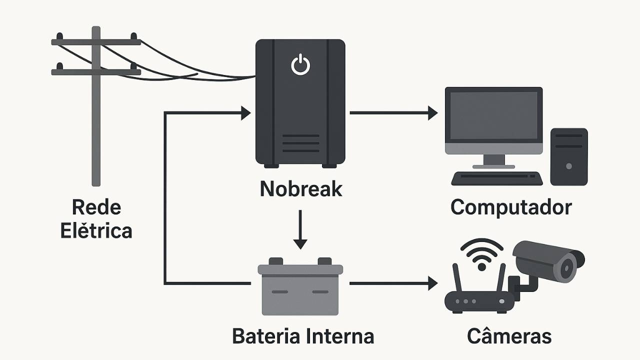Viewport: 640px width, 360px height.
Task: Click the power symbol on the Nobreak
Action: [x=300, y=65]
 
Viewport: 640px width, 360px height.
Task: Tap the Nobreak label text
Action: [x=301, y=189]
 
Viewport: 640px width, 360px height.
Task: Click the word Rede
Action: [x=96, y=207]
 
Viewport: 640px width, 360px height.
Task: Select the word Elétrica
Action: [x=96, y=231]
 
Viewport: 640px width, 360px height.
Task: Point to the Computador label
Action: [x=511, y=207]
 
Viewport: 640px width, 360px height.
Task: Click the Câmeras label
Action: [x=509, y=336]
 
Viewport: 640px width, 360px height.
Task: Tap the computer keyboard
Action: [x=496, y=178]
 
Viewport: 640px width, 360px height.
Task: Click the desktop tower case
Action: [x=568, y=156]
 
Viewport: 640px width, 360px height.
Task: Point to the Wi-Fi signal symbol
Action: [x=481, y=253]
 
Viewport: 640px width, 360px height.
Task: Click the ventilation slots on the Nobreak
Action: [x=300, y=143]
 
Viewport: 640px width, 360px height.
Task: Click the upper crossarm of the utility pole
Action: [x=96, y=42]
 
